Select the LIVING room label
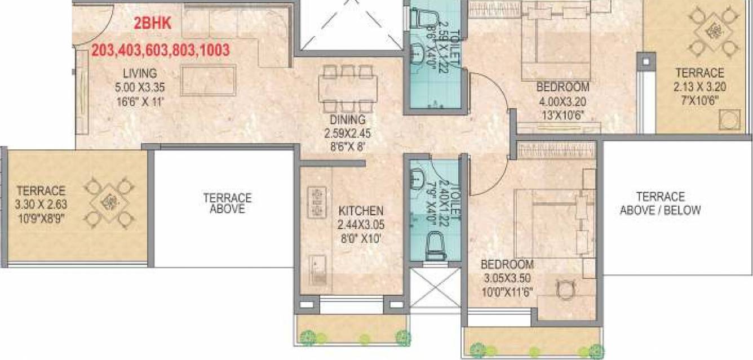tap(140, 73)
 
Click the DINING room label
tap(348, 119)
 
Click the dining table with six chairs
tap(348, 89)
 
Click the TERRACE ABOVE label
tap(227, 203)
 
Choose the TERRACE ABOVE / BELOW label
tap(660, 203)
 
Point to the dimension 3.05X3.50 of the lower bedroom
tap(506, 278)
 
